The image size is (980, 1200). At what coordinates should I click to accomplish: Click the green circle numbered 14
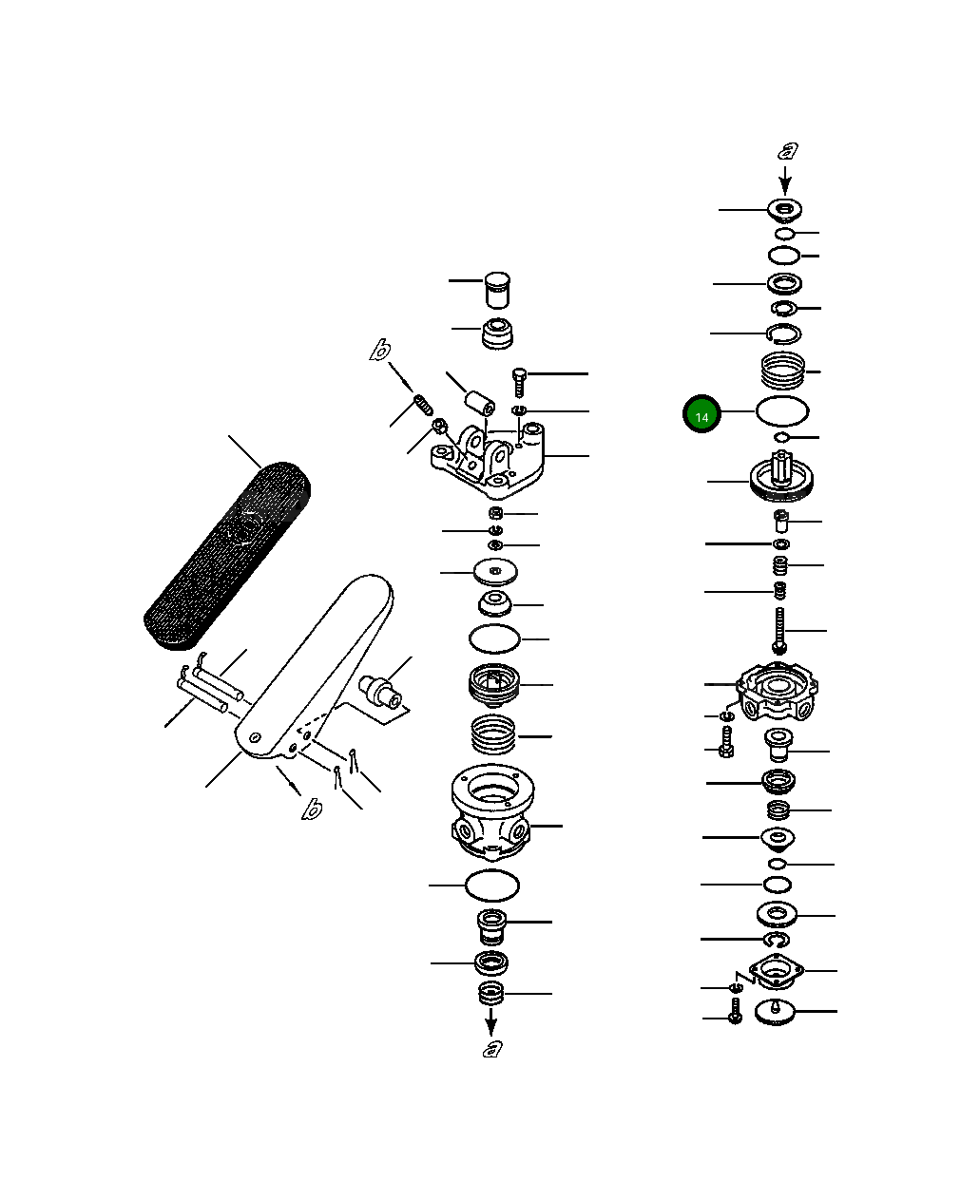[x=701, y=414]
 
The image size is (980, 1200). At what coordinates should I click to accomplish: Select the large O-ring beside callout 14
[x=782, y=412]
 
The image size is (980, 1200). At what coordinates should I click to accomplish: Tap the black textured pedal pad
[x=227, y=554]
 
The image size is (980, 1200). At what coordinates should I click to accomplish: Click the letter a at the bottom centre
[x=491, y=1048]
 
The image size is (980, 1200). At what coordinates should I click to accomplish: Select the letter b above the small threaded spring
[x=379, y=352]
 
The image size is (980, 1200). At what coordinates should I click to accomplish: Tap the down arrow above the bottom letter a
[x=491, y=1022]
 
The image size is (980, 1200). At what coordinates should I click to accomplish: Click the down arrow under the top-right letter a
[x=786, y=180]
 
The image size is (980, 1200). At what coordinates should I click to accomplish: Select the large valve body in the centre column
[x=491, y=810]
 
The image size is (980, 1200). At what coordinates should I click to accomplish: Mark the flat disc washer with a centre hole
[x=495, y=572]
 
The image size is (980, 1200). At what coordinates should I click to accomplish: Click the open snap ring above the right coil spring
[x=783, y=333]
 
